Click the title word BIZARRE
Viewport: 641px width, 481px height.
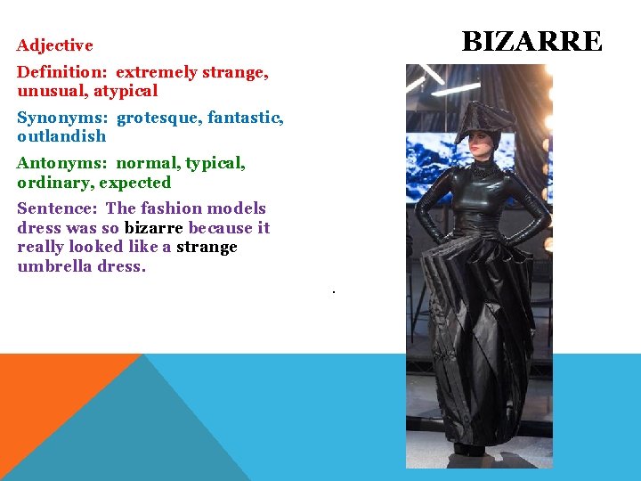coord(531,42)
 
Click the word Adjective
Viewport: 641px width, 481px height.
coord(54,45)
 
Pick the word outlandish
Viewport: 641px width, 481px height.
coord(61,136)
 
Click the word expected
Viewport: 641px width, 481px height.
coord(134,183)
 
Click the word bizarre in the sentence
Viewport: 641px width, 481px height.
coord(153,228)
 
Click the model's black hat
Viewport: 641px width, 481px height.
coord(483,120)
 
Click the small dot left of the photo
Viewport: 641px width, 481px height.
coord(332,291)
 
